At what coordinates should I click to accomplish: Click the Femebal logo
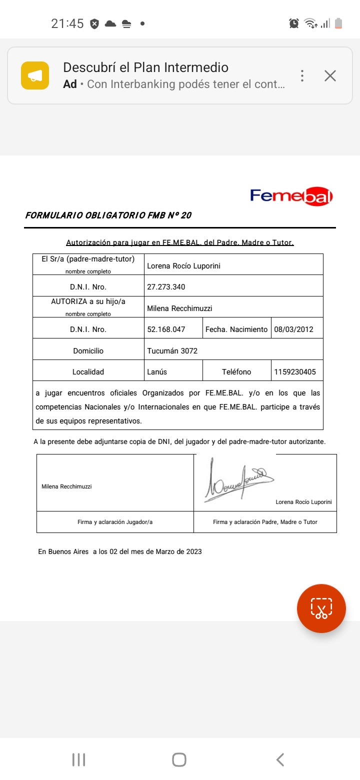(x=291, y=196)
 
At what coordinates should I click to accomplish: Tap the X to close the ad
(x=330, y=76)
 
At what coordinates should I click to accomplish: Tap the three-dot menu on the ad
(x=302, y=76)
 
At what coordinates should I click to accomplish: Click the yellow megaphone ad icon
(x=35, y=75)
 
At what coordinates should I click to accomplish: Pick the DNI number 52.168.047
(x=166, y=329)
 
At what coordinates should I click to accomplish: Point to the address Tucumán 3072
(x=172, y=351)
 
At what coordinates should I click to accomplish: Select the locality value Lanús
(x=157, y=372)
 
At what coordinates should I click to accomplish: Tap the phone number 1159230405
(x=295, y=372)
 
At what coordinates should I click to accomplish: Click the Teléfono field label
(x=236, y=372)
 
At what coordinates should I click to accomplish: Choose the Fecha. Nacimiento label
(x=236, y=329)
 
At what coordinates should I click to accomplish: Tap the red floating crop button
(x=321, y=608)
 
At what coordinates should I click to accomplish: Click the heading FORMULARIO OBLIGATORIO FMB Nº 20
(x=108, y=216)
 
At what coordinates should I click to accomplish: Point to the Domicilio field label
(x=88, y=351)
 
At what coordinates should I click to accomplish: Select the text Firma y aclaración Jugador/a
(x=115, y=522)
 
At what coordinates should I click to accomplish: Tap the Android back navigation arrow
(x=280, y=759)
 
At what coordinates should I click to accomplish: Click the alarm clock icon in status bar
(x=294, y=23)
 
